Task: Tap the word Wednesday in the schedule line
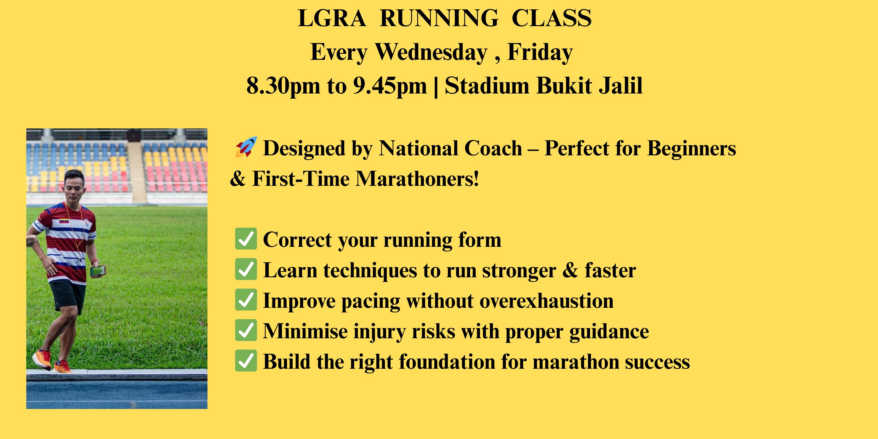[431, 53]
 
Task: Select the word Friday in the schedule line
[540, 53]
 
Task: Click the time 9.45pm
[390, 86]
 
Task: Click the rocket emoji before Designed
[246, 147]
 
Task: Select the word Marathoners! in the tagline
[418, 179]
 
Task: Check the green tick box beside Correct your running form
[246, 239]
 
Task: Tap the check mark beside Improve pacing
[246, 300]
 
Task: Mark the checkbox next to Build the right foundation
[246, 361]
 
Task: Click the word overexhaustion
[546, 301]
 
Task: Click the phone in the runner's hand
[98, 271]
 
